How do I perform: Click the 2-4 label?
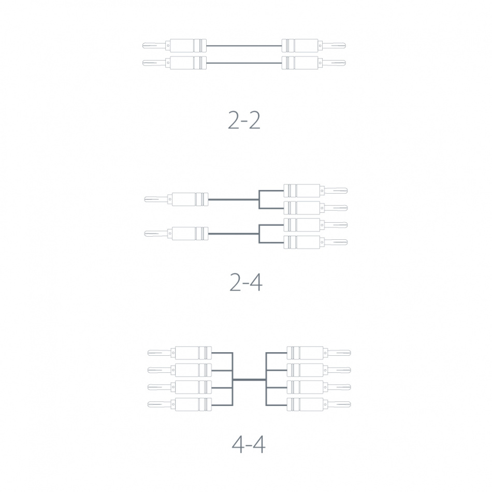pos(245,282)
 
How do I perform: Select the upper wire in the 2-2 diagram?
pos(243,46)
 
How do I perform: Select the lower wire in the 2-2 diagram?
pos(243,63)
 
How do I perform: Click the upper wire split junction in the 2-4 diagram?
pos(258,199)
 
